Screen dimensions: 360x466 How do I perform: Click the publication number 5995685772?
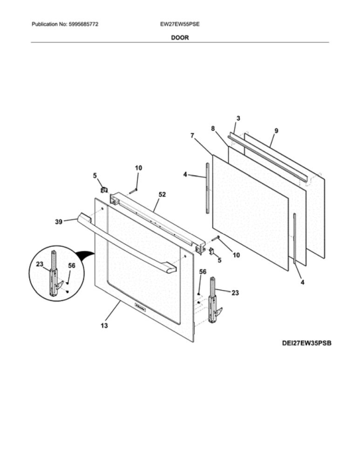pyautogui.click(x=84, y=24)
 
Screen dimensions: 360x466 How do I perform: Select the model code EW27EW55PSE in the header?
pyautogui.click(x=180, y=24)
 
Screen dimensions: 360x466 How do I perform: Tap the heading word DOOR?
pyautogui.click(x=180, y=38)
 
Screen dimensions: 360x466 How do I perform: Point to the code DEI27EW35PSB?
pyautogui.click(x=306, y=343)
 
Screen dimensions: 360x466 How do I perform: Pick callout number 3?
pyautogui.click(x=238, y=118)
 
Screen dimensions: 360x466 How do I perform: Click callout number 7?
pyautogui.click(x=192, y=136)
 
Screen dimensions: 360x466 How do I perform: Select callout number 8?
pyautogui.click(x=213, y=128)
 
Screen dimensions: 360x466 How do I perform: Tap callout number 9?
pyautogui.click(x=276, y=131)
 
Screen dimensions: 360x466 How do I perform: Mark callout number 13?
pyautogui.click(x=104, y=326)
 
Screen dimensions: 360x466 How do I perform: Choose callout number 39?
pyautogui.click(x=59, y=222)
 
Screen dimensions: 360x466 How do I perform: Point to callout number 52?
pyautogui.click(x=162, y=195)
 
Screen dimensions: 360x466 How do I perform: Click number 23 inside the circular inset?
pyautogui.click(x=40, y=264)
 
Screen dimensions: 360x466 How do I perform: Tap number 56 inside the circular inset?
pyautogui.click(x=72, y=266)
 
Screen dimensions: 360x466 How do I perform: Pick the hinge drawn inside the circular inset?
pyautogui.click(x=55, y=274)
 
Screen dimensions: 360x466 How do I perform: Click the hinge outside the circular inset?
pyautogui.click(x=215, y=299)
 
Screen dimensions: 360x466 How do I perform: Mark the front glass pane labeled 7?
pyautogui.click(x=250, y=213)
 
